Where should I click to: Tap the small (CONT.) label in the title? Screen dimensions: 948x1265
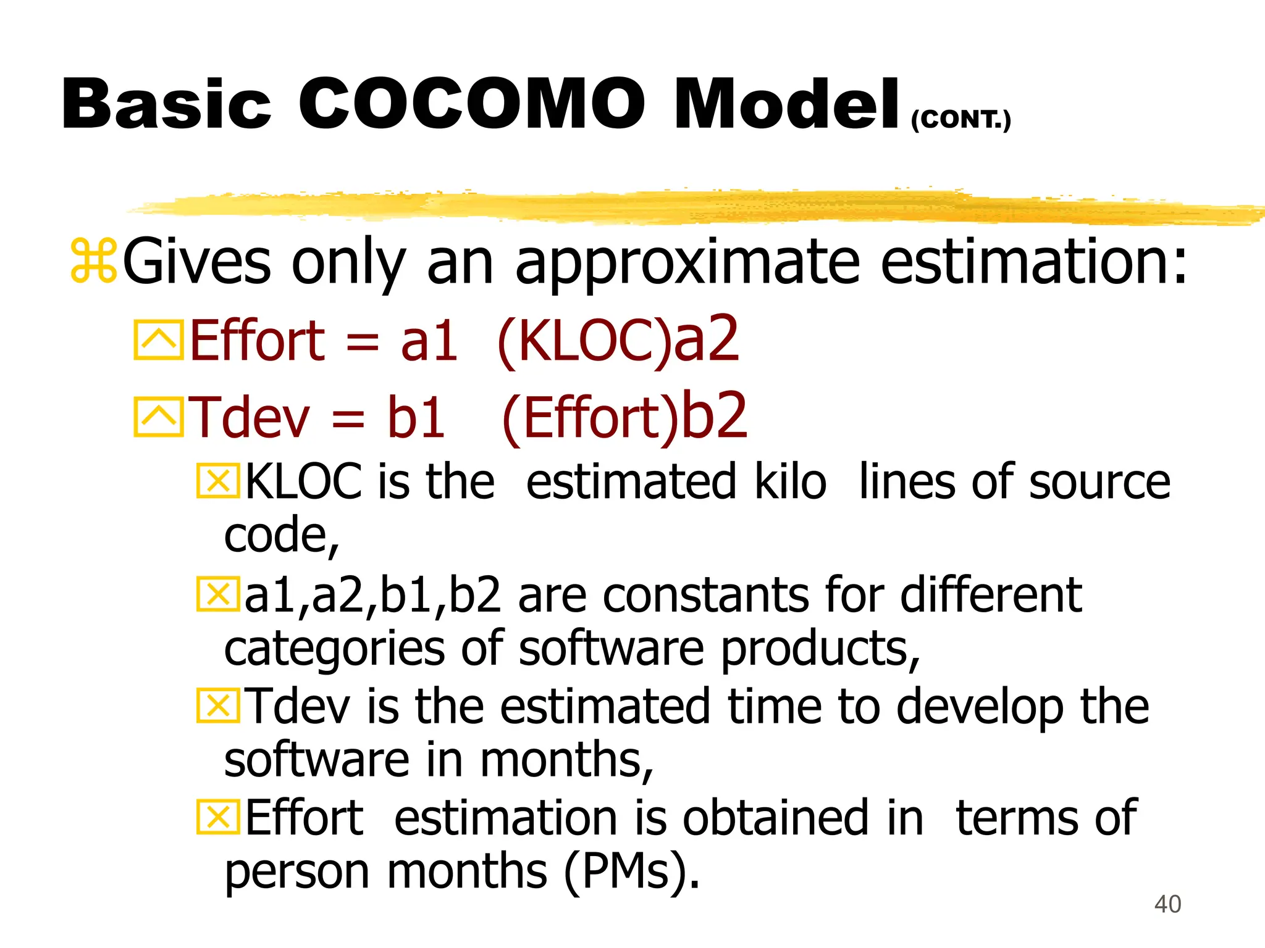(x=960, y=119)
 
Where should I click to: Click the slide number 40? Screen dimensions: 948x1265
(x=1167, y=904)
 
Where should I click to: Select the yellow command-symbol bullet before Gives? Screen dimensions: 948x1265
(x=93, y=262)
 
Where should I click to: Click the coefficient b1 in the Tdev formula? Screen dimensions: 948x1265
(x=416, y=418)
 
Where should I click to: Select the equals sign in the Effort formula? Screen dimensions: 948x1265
(x=363, y=341)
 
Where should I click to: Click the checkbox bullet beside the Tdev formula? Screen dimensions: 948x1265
(x=158, y=417)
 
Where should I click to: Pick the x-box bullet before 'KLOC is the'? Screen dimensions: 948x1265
(x=217, y=481)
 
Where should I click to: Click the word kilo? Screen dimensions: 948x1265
(x=791, y=482)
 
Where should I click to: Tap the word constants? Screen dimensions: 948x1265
(x=706, y=596)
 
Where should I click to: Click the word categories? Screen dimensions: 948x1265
(x=334, y=649)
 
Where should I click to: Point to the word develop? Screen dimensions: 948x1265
(x=980, y=707)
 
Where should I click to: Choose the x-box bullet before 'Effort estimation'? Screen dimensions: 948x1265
(x=217, y=817)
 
